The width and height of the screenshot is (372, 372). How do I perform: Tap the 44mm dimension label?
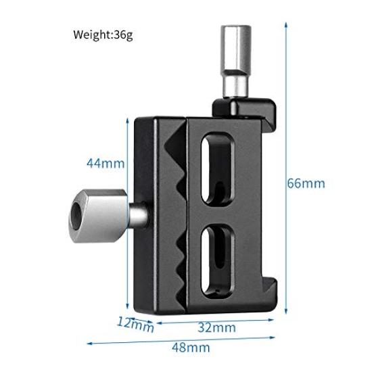(x=105, y=163)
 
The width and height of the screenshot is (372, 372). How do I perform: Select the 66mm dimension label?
(x=306, y=183)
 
